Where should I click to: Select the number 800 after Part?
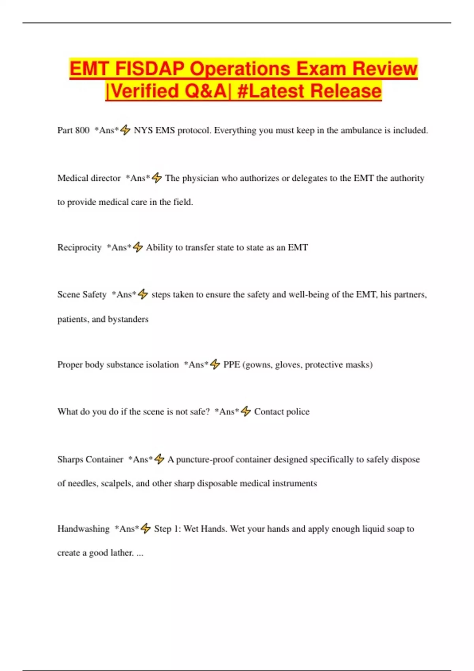[82, 130]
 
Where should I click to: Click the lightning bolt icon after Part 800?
[125, 130]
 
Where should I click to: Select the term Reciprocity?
[79, 247]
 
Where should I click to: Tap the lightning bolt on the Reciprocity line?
[137, 247]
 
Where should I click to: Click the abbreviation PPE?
[231, 365]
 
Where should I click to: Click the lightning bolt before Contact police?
[246, 411]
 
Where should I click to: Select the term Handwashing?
[83, 529]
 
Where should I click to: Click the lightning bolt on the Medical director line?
[157, 178]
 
